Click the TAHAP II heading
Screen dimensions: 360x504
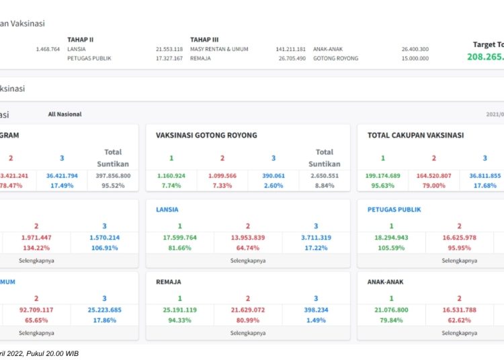[80, 40]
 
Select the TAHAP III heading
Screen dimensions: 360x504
[204, 40]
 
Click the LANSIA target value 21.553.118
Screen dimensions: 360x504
[169, 49]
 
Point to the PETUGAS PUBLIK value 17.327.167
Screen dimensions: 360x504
[169, 58]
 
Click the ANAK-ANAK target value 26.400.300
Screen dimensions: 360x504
[415, 49]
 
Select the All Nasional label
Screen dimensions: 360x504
[65, 114]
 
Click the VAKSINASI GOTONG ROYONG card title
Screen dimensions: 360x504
[206, 135]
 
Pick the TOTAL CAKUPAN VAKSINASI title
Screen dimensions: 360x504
[415, 135]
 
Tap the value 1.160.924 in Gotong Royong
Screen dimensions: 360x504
[171, 176]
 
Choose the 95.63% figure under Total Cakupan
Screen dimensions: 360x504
[383, 185]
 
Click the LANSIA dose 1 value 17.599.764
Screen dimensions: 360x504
[180, 238]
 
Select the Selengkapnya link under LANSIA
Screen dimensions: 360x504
[247, 260]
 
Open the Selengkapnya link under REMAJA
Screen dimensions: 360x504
[247, 332]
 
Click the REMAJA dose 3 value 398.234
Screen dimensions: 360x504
[315, 310]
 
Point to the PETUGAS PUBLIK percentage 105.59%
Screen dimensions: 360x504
[391, 248]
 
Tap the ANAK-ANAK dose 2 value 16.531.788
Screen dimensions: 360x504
[460, 310]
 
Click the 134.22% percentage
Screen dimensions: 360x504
[36, 248]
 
